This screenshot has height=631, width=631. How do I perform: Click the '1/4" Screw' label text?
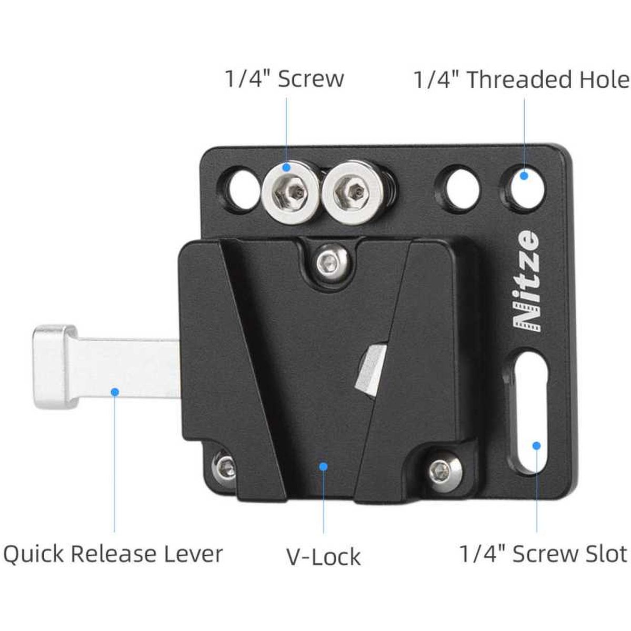[x=284, y=79]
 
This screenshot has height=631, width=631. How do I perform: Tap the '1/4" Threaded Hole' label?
[x=521, y=80]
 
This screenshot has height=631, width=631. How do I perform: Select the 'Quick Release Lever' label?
[x=113, y=554]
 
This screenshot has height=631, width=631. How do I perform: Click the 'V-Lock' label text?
[x=323, y=556]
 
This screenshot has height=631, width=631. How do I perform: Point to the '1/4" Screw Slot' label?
[x=543, y=554]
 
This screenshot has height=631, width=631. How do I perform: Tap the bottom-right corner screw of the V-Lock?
[x=439, y=466]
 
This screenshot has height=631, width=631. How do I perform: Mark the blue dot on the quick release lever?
[x=114, y=391]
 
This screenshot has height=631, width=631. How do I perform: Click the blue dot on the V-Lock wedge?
[x=323, y=466]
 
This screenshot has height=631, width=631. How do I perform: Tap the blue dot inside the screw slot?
[x=536, y=445]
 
